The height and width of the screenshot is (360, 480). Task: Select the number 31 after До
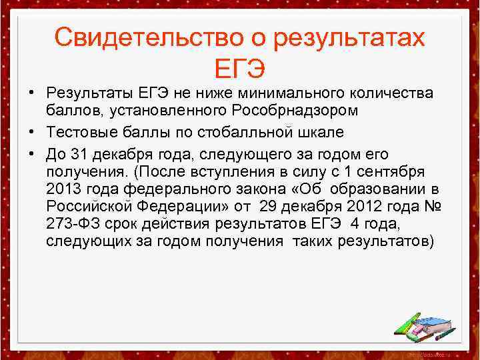click(x=79, y=154)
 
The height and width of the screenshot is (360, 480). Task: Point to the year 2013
click(x=63, y=189)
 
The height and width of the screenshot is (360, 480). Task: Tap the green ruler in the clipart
click(x=406, y=323)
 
